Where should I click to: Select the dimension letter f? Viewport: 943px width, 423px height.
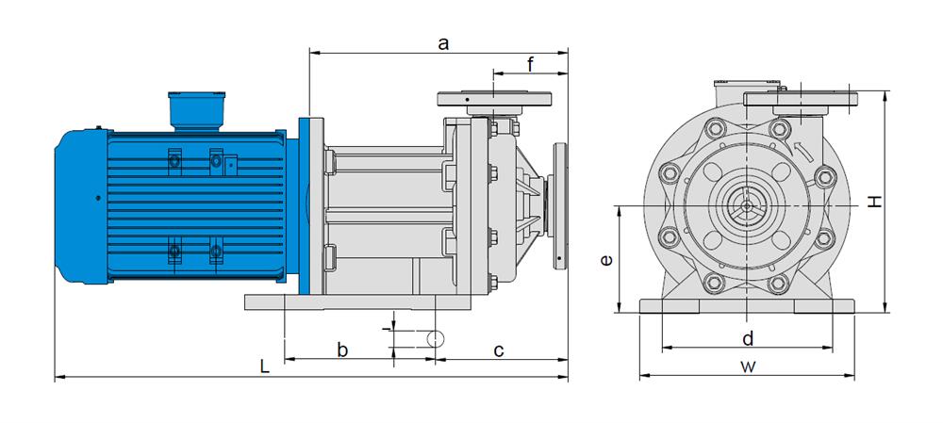531,64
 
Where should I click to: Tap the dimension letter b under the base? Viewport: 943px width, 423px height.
343,350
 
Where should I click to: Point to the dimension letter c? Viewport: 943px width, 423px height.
499,350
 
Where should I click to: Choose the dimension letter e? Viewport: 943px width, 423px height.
606,259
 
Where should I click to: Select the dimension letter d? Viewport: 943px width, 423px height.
747,338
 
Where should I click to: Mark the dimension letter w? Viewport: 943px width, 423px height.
748,366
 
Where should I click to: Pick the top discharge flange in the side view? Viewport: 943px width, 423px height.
495,98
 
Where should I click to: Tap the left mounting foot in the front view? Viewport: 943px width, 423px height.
669,306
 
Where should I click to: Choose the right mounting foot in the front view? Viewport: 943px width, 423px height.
824,306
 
